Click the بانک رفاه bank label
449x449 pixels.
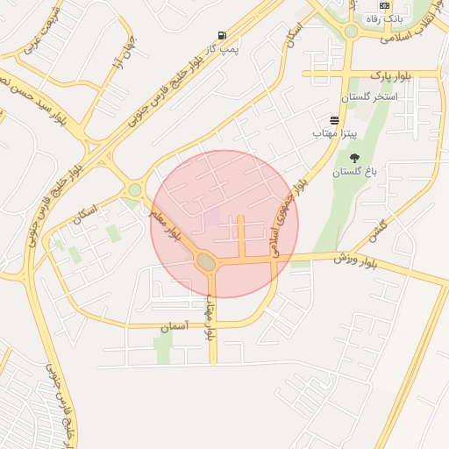coord(382,18)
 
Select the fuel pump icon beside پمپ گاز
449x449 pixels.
coord(222,35)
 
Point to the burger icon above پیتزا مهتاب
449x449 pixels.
coord(334,120)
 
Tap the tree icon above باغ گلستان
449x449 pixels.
coord(353,159)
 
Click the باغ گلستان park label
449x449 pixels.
coord(353,173)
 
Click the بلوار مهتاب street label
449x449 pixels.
coord(210,323)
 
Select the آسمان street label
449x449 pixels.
coord(174,325)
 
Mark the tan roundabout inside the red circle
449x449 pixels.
coord(207,260)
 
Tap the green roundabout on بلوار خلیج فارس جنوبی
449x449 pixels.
coord(134,189)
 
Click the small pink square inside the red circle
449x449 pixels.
coord(212,217)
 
